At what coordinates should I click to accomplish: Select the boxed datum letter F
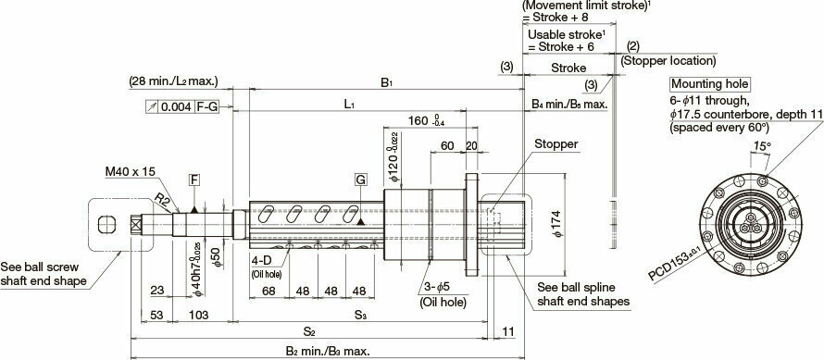pyautogui.click(x=194, y=178)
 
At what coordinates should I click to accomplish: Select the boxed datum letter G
pyautogui.click(x=358, y=178)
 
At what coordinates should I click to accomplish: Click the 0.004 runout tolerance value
pyautogui.click(x=177, y=106)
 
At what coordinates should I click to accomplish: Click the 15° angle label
pyautogui.click(x=762, y=145)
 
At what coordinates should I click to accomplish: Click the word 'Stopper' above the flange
pyautogui.click(x=556, y=144)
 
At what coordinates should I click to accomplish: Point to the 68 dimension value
pyautogui.click(x=269, y=291)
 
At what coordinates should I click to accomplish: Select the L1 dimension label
pyautogui.click(x=349, y=106)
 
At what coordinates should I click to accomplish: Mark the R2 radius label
pyautogui.click(x=163, y=198)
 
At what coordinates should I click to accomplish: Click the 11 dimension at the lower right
pyautogui.click(x=508, y=330)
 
